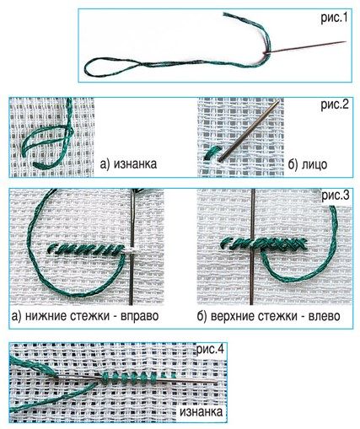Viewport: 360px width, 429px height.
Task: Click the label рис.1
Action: point(335,19)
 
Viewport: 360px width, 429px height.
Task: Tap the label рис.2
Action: point(335,105)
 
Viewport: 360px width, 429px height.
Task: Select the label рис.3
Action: point(336,196)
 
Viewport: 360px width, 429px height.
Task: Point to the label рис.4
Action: point(211,350)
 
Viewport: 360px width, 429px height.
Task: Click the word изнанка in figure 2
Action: point(135,164)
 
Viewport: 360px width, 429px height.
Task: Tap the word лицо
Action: point(314,164)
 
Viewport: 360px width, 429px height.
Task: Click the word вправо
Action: point(140,316)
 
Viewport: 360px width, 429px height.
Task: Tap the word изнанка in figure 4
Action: point(201,412)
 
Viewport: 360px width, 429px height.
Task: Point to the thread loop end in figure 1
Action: point(87,68)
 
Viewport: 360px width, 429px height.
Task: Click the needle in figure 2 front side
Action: point(249,131)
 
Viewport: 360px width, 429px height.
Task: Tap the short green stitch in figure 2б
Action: point(212,153)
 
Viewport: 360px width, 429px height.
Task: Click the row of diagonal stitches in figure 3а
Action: point(86,249)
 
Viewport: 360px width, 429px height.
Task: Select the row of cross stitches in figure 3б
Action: point(264,244)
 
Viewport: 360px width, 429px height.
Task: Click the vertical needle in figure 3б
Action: point(253,247)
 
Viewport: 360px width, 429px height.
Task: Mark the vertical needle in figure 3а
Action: point(132,247)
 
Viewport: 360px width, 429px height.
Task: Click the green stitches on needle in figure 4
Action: point(137,378)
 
